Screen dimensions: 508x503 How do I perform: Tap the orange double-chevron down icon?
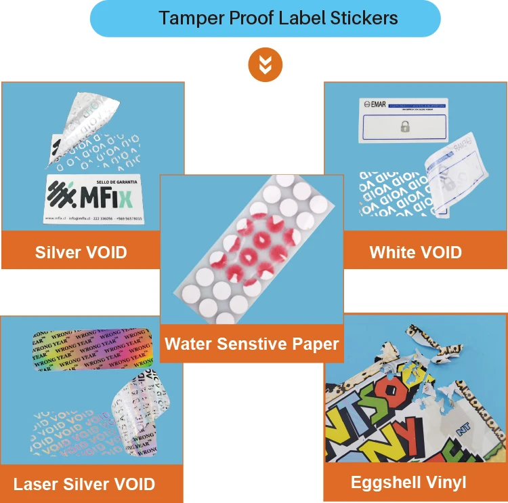(x=265, y=65)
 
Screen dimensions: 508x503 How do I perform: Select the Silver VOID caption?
(x=81, y=253)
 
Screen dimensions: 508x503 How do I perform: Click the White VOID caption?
(x=415, y=253)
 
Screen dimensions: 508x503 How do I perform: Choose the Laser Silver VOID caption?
(x=84, y=484)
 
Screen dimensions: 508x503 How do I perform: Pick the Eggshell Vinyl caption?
(x=408, y=482)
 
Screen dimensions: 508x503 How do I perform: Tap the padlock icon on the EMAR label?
(x=404, y=126)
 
